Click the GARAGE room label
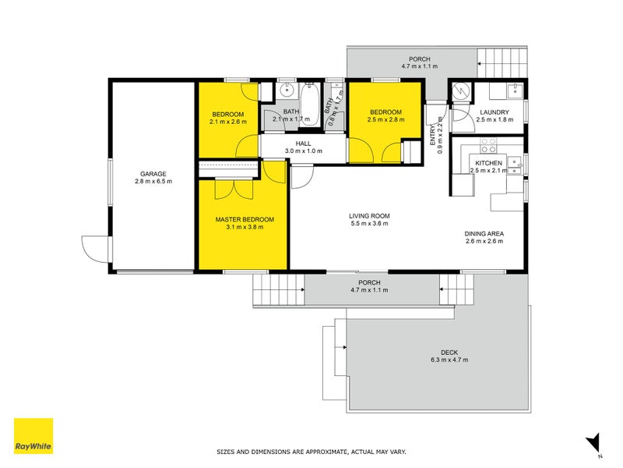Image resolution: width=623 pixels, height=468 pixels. pyautogui.click(x=153, y=174)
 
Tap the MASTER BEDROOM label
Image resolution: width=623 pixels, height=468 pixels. pyautogui.click(x=245, y=219)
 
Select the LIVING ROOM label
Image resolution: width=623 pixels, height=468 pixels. pyautogui.click(x=369, y=216)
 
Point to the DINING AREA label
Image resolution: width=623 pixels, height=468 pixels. pyautogui.click(x=484, y=233)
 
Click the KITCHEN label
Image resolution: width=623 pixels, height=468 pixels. pyautogui.click(x=489, y=163)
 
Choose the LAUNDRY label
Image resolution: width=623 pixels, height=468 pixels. pyautogui.click(x=495, y=112)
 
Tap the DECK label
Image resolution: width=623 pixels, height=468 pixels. pyautogui.click(x=449, y=353)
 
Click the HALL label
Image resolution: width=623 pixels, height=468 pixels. pyautogui.click(x=304, y=144)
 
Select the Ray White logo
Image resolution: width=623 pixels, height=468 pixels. pyautogui.click(x=33, y=436)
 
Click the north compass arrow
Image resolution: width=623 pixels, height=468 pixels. pyautogui.click(x=594, y=442)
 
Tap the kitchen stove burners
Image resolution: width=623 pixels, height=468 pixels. pyautogui.click(x=488, y=145)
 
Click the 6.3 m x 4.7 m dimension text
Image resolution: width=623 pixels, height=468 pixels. pyautogui.click(x=449, y=360)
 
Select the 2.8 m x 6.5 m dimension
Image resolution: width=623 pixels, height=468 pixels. pyautogui.click(x=153, y=182)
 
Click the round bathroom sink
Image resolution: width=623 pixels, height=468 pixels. pyautogui.click(x=286, y=90)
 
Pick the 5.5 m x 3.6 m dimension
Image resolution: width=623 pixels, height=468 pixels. pyautogui.click(x=369, y=223)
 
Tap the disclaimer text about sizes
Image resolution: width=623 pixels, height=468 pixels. pyautogui.click(x=311, y=452)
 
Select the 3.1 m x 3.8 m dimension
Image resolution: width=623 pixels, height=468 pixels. pyautogui.click(x=245, y=227)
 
